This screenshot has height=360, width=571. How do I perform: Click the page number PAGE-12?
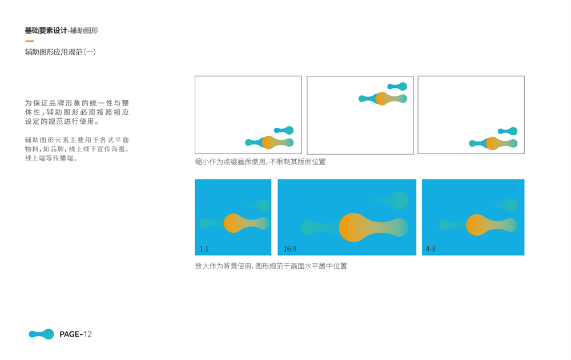[x=75, y=334]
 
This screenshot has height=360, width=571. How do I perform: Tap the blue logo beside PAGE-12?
[x=42, y=334]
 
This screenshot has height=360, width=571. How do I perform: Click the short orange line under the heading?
[x=30, y=41]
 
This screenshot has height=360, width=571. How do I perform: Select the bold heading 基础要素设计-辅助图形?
[x=62, y=31]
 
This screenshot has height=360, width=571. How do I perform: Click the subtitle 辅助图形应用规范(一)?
[x=61, y=52]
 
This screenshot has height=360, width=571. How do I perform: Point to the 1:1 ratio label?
[x=204, y=249]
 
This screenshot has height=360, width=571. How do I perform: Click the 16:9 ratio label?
[x=290, y=249]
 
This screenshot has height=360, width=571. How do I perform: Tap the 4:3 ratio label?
[x=430, y=249]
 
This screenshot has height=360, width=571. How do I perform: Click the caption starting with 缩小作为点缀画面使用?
[x=260, y=161]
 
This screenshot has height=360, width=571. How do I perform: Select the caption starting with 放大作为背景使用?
[x=271, y=266]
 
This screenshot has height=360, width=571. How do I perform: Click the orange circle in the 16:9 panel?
[x=354, y=227]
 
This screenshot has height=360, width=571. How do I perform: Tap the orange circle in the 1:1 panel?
[x=234, y=223]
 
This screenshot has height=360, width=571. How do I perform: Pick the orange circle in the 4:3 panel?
[x=477, y=225]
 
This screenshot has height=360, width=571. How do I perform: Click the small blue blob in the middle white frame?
[x=397, y=86]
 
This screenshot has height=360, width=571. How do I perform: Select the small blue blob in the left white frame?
[x=284, y=130]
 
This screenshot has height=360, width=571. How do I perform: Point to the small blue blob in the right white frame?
[x=508, y=131]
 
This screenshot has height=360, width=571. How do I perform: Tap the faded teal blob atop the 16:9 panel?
[x=389, y=200]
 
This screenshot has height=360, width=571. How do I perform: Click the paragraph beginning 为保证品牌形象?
[x=77, y=112]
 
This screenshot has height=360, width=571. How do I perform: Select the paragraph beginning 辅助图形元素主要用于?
[x=77, y=149]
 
